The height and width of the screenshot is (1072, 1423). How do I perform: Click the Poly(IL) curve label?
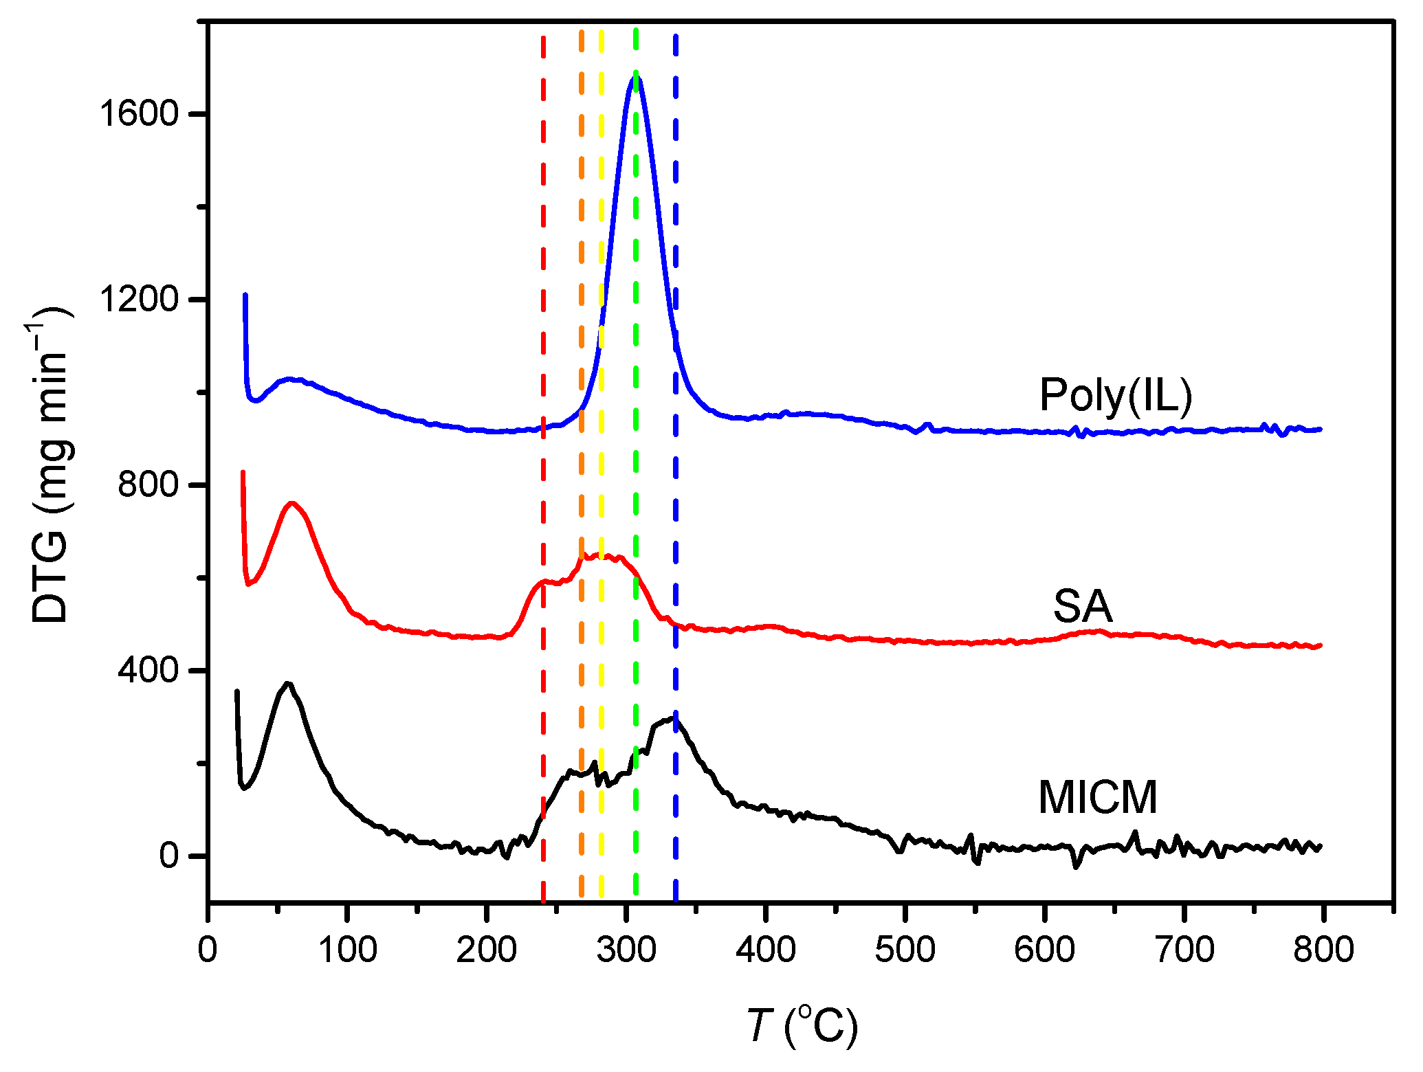click(1115, 397)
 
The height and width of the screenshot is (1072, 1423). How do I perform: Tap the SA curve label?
click(1082, 607)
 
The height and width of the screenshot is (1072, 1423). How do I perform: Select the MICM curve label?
click(1097, 798)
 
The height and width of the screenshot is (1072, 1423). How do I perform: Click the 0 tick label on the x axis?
click(208, 950)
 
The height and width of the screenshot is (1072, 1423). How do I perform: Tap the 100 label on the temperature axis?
click(347, 950)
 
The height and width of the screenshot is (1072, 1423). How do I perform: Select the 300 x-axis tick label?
click(626, 950)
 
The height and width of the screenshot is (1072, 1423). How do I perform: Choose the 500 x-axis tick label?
click(905, 950)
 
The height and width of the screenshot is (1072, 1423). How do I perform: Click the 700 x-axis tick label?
click(1184, 950)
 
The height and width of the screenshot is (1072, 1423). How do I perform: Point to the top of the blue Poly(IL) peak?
click(635, 77)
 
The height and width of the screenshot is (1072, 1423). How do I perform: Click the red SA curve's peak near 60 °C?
click(292, 503)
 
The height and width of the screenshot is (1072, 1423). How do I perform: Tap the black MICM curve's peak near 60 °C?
click(288, 684)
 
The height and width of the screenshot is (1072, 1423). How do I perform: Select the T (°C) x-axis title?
click(802, 1026)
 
